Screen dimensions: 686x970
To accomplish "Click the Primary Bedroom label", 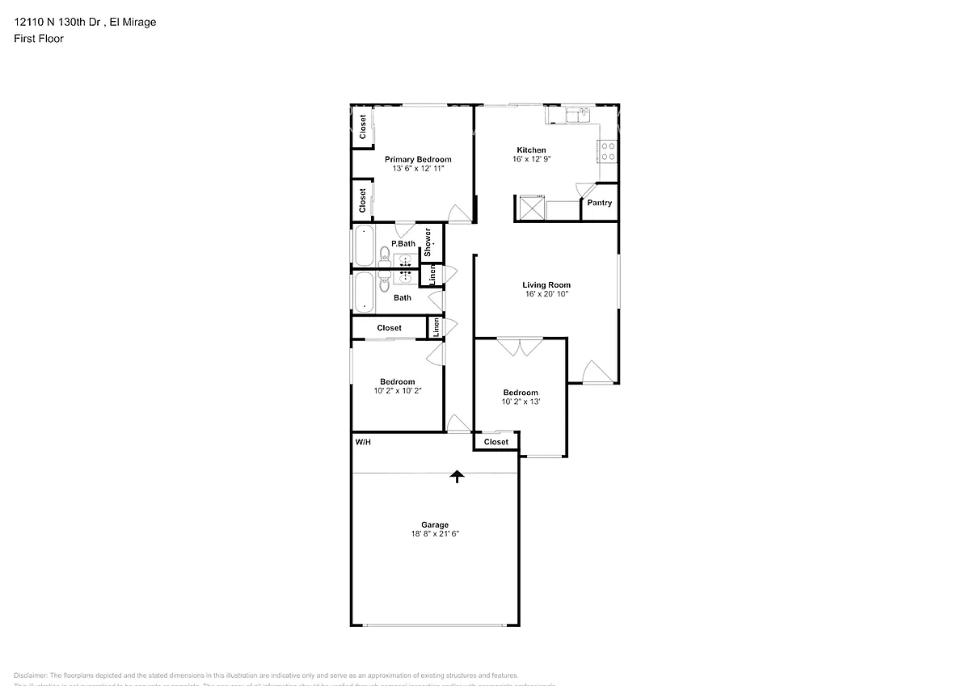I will click(417, 159).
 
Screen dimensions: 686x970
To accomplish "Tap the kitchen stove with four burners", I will click(608, 151).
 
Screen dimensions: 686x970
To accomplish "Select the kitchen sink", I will click(579, 115).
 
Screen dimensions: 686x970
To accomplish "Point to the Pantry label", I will click(599, 203).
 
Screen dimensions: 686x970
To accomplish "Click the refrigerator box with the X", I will click(530, 208).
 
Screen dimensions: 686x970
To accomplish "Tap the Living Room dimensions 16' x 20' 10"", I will click(546, 294).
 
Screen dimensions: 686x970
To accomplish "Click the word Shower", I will click(428, 242).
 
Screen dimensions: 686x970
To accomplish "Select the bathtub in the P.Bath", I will click(364, 246).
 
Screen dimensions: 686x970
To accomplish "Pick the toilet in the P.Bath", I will click(385, 258).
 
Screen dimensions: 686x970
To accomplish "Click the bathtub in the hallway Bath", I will click(364, 292).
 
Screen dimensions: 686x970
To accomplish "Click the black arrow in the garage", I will click(458, 476).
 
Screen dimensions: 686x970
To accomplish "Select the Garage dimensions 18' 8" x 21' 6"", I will click(435, 534).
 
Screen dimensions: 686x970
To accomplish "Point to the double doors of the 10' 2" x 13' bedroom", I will click(519, 347).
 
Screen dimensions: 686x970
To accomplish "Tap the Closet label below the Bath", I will click(389, 328).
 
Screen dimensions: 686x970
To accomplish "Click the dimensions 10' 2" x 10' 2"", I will click(398, 390).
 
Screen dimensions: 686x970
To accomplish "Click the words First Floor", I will click(39, 38).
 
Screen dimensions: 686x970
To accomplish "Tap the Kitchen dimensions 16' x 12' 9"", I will click(531, 159).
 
